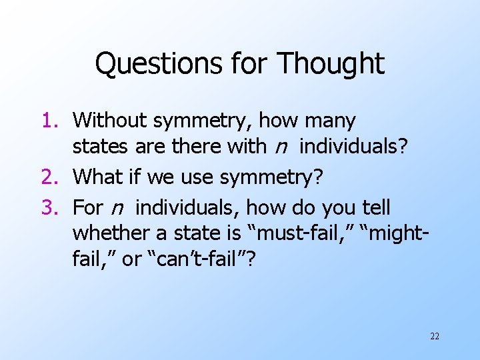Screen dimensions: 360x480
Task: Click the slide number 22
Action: (x=435, y=336)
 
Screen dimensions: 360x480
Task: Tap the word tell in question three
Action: (x=377, y=207)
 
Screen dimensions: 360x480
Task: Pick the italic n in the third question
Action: (x=117, y=209)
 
